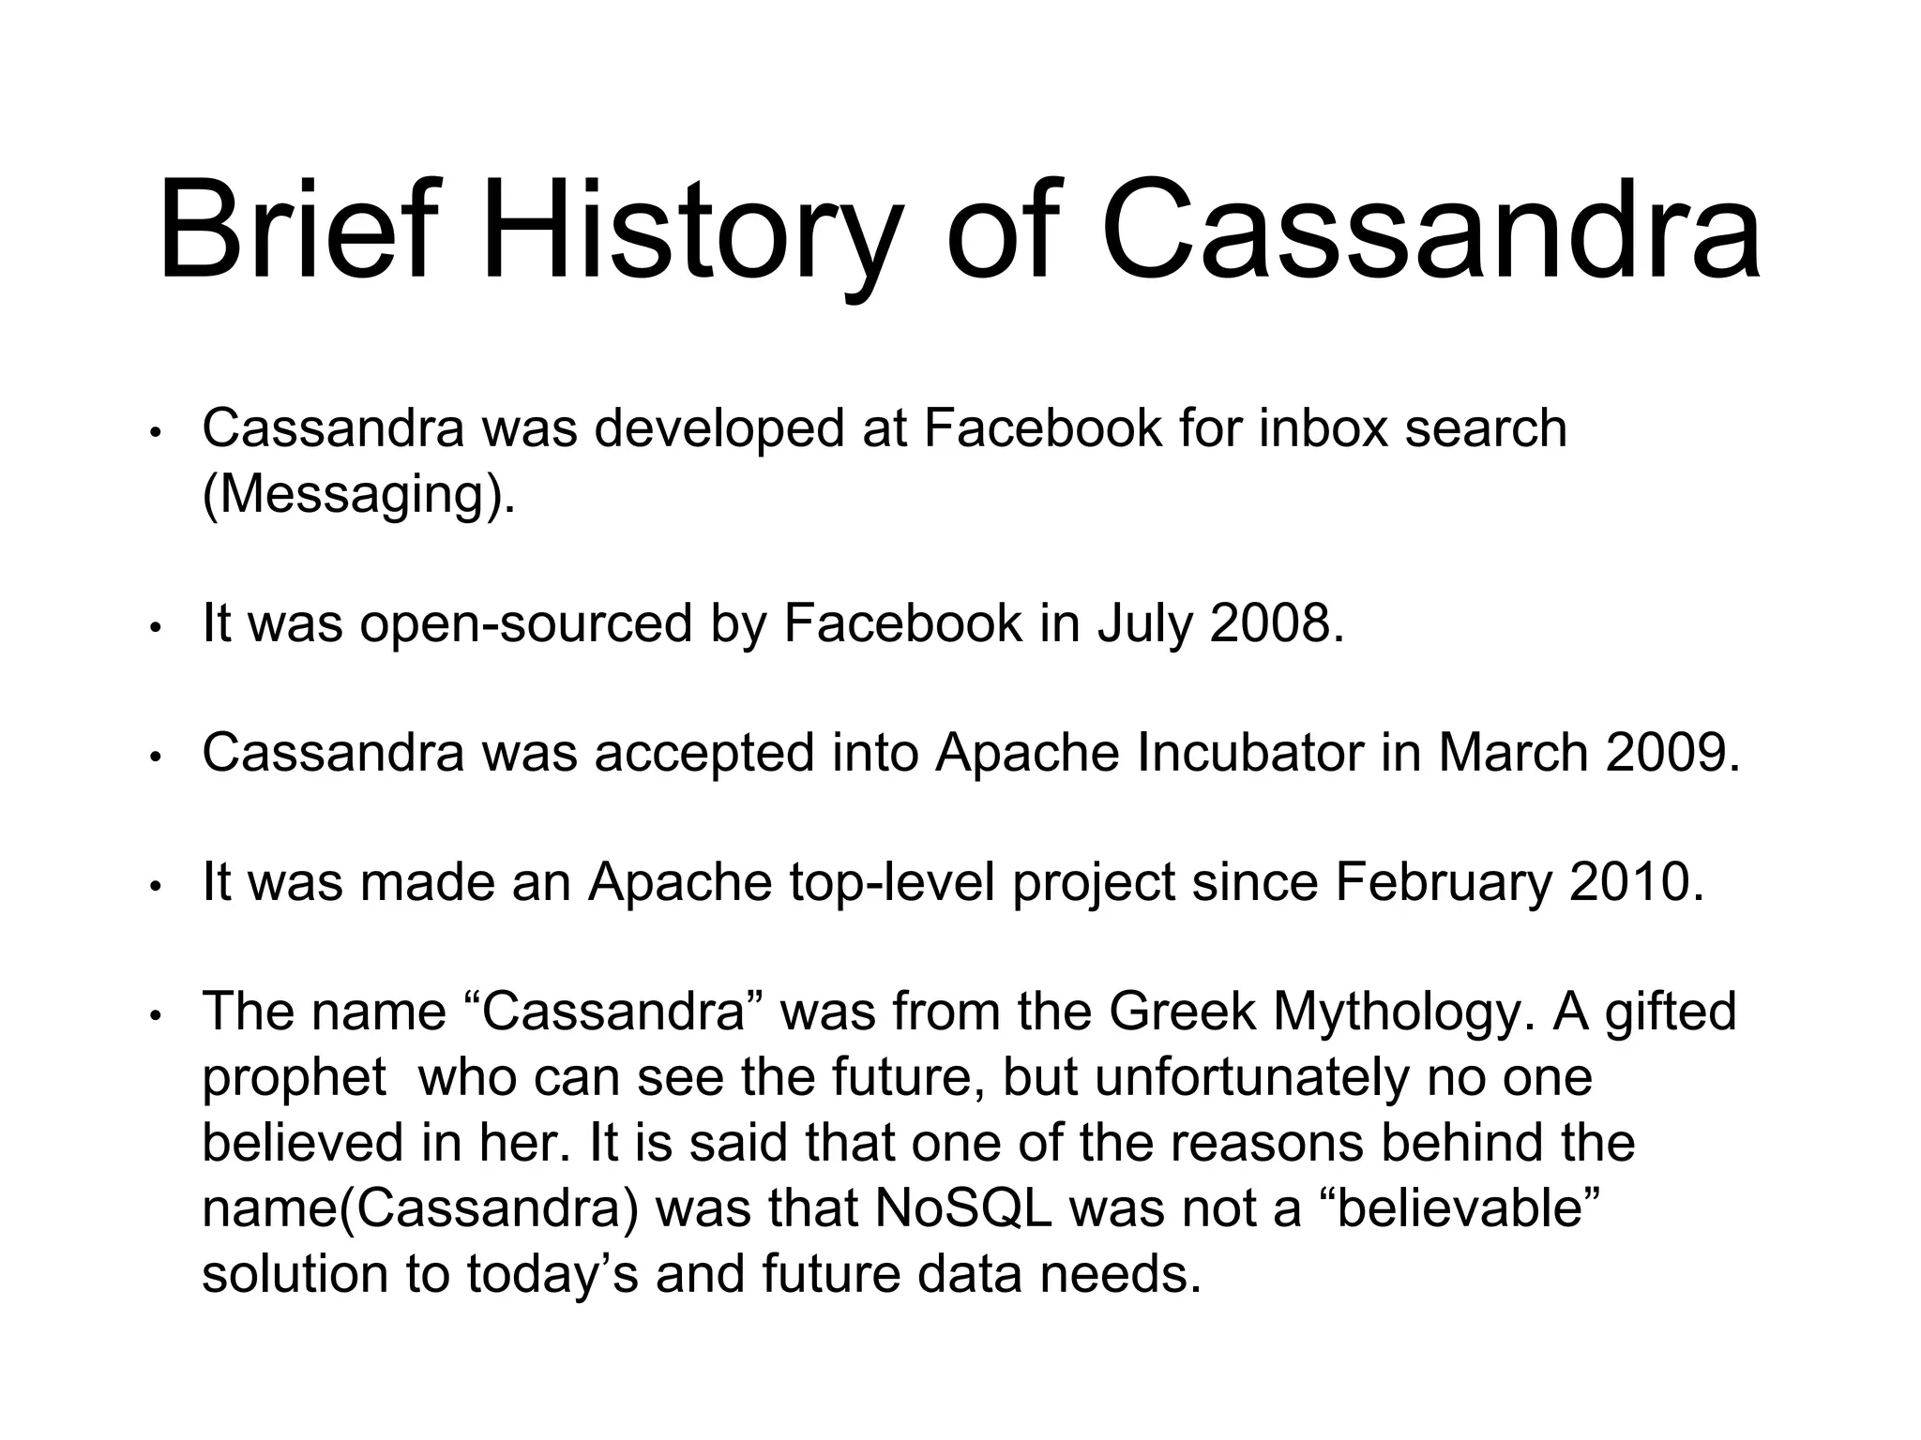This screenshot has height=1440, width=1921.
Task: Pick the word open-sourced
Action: click(x=526, y=623)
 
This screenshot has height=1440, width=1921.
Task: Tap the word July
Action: click(x=1142, y=625)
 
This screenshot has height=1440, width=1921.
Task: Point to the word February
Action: click(x=1443, y=884)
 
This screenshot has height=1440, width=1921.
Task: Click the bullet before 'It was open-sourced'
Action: click(x=158, y=627)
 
